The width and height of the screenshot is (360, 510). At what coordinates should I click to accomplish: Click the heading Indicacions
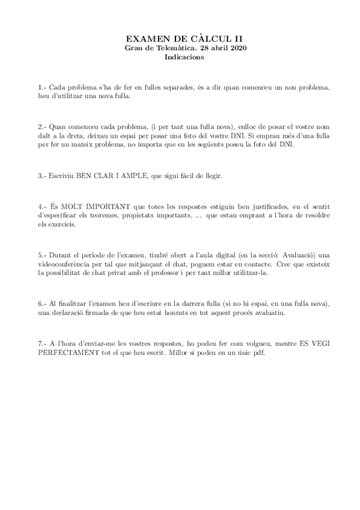pyautogui.click(x=184, y=58)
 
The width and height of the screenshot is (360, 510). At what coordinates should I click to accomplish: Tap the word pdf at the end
pyautogui.click(x=258, y=352)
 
